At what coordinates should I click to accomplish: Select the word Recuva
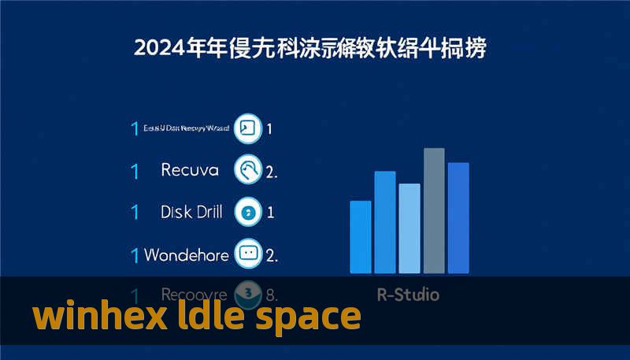(190, 169)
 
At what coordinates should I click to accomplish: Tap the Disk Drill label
(191, 212)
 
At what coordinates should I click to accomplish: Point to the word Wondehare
(187, 255)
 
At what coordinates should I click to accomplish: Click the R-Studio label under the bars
(409, 295)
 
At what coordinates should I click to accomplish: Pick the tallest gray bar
(434, 210)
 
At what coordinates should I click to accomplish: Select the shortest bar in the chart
(360, 236)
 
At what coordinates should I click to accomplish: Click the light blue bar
(409, 228)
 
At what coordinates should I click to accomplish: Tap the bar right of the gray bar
(458, 217)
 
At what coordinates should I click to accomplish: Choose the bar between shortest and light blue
(385, 222)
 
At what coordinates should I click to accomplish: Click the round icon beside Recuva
(248, 169)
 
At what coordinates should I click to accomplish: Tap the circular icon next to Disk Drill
(248, 212)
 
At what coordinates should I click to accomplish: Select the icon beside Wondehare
(248, 254)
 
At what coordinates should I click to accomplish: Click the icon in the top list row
(248, 128)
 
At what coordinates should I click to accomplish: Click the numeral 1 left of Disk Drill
(135, 212)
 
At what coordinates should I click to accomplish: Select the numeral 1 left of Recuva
(135, 169)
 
